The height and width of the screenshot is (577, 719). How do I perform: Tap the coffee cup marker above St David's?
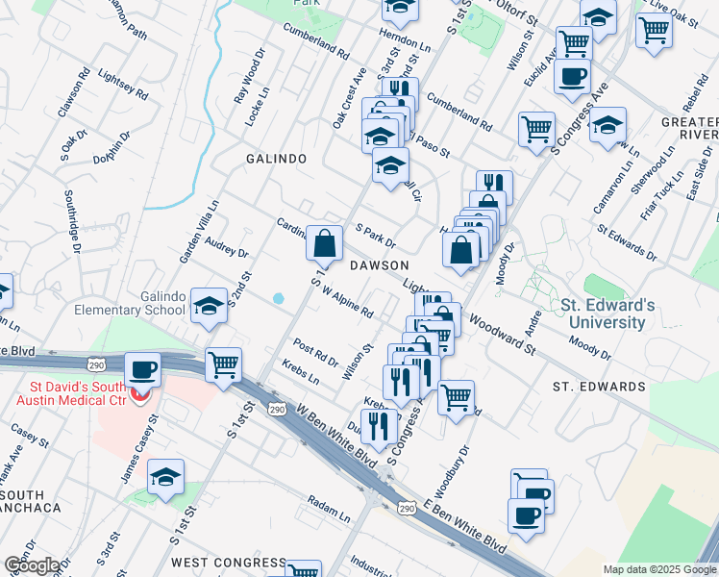click(144, 372)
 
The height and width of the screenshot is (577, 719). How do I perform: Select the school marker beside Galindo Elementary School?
click(209, 306)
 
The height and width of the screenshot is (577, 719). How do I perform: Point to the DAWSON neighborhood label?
click(379, 264)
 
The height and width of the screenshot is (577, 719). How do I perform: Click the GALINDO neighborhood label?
click(276, 159)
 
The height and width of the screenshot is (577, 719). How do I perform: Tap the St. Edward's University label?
click(607, 314)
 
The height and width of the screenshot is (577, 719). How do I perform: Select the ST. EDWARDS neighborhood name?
click(599, 387)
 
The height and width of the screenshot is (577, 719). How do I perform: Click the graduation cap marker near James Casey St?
click(166, 477)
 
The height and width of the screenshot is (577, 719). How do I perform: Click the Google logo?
click(32, 565)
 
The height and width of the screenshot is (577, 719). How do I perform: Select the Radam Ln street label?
click(329, 504)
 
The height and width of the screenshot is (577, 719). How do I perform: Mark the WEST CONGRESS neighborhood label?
click(229, 563)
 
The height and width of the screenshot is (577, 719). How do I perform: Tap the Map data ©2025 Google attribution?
click(658, 569)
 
